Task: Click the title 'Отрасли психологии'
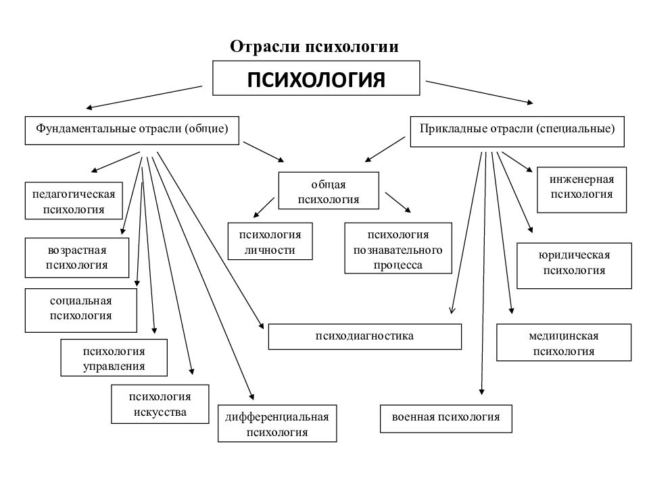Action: click(314, 47)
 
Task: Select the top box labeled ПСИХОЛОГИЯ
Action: click(316, 79)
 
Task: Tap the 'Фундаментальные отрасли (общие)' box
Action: click(133, 130)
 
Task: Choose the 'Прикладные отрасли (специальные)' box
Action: click(517, 130)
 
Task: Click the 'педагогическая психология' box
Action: click(74, 201)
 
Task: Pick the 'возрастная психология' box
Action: click(77, 257)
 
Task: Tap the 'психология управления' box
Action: click(114, 358)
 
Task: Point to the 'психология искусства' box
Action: click(160, 404)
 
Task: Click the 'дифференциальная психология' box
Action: click(277, 424)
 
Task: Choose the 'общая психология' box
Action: click(329, 192)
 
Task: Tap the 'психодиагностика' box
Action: click(364, 336)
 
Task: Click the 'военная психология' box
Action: click(446, 418)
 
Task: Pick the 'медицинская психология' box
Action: click(564, 343)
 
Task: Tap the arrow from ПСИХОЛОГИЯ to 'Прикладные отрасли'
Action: click(479, 92)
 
